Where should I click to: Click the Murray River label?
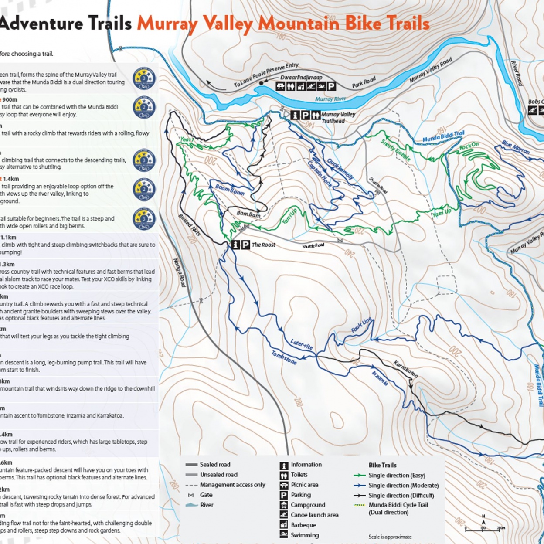pos(330,99)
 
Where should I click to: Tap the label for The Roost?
pos(263,245)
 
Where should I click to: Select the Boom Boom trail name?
pos(230,190)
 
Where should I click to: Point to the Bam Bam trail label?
pos(248,214)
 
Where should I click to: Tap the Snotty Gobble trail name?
pos(395,150)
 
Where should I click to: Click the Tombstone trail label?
pos(284,358)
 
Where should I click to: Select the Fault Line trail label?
pos(361,325)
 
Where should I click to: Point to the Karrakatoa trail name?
pos(406,369)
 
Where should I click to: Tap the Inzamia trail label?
pos(380,377)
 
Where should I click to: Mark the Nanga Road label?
pos(180,273)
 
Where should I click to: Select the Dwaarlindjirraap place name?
pos(301,78)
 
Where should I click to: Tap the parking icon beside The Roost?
pos(245,245)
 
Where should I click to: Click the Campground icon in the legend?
pos(284,505)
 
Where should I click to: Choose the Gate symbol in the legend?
pos(190,495)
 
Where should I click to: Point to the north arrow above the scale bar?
pos(483,520)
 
